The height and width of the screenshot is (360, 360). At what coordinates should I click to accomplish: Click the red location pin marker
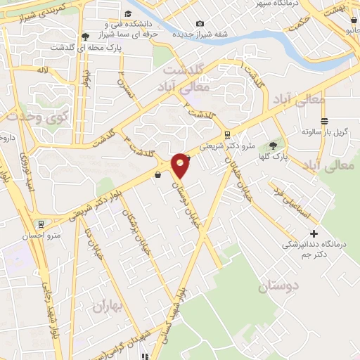(181, 165)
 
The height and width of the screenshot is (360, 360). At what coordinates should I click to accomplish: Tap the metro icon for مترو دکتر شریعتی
(226, 134)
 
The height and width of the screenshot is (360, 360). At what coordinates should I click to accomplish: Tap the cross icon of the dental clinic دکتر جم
(314, 233)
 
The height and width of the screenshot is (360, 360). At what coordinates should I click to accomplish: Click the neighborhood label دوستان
(279, 286)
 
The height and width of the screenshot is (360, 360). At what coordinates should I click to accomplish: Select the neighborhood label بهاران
(108, 307)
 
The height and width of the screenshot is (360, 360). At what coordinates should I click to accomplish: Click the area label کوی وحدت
(25, 117)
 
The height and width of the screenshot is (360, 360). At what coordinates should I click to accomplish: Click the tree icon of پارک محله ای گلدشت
(85, 36)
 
